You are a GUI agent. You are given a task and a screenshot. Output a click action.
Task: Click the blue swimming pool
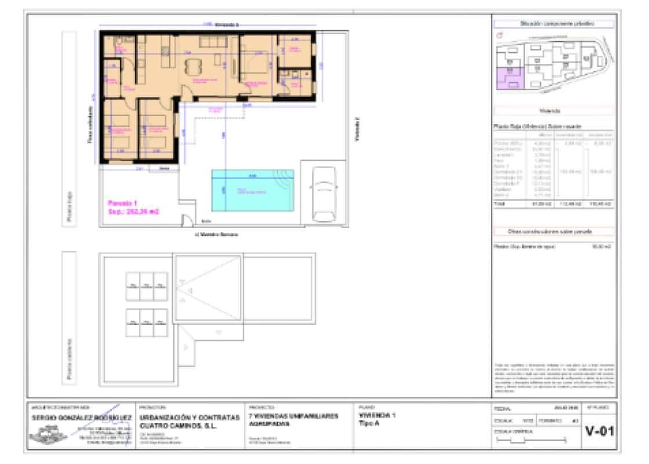[x=253, y=190]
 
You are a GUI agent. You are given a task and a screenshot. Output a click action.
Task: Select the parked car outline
[x=323, y=193]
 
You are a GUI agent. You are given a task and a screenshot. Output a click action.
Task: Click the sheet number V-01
[x=599, y=432]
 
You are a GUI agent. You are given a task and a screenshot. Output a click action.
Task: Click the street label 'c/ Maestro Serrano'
[x=217, y=234]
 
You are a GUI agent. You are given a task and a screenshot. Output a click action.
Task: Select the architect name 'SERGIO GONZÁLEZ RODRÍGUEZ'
[x=81, y=418]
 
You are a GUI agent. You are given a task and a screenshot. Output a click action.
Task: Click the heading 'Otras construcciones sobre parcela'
[x=553, y=231]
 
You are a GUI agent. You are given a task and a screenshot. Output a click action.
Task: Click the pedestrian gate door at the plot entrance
[x=187, y=221]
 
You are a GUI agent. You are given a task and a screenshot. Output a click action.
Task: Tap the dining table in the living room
[x=193, y=64]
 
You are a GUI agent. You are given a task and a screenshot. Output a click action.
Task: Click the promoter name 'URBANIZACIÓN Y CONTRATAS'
[x=189, y=417]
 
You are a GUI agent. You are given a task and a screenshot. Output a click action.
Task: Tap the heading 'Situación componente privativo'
[x=553, y=24]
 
